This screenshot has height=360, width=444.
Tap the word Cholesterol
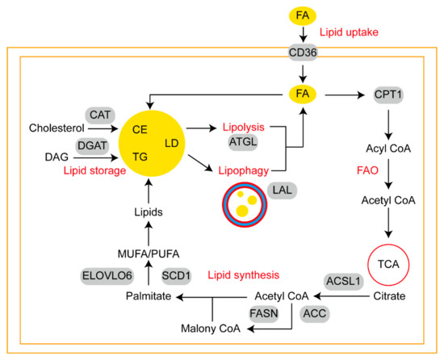point(56,128)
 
